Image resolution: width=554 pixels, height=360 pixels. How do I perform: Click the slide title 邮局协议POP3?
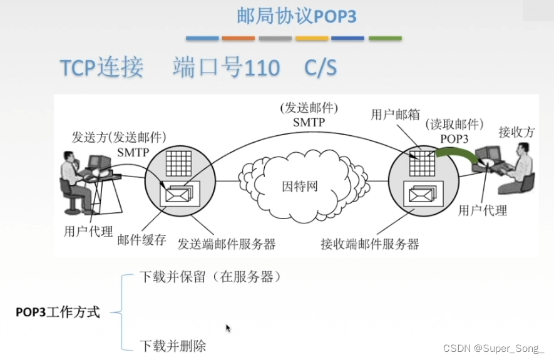pyautogui.click(x=297, y=16)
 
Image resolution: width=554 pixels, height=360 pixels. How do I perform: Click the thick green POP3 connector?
pyautogui.click(x=454, y=153)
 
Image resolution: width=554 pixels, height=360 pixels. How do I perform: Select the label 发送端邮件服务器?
pyautogui.click(x=227, y=244)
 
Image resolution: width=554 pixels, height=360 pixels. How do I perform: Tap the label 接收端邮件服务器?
pyautogui.click(x=369, y=244)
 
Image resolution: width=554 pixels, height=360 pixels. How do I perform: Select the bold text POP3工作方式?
pyautogui.click(x=58, y=312)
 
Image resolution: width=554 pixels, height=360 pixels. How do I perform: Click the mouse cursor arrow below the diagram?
pyautogui.click(x=228, y=327)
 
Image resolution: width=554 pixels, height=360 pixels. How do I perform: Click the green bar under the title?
pyautogui.click(x=385, y=38)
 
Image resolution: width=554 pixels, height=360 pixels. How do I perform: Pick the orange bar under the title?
pyautogui.click(x=239, y=38)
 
